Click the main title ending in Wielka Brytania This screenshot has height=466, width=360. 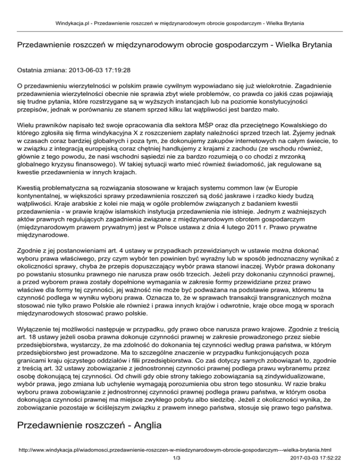point(174,45)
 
